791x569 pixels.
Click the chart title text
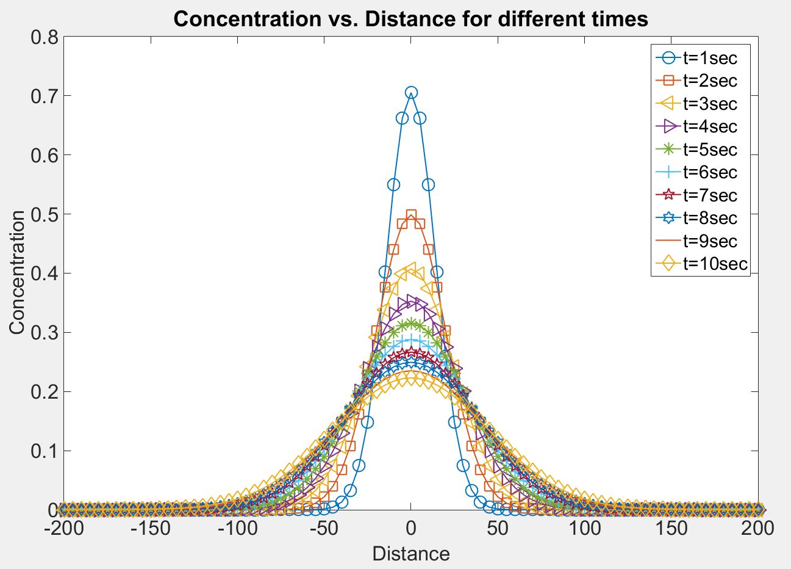[x=410, y=18]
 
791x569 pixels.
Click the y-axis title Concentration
[x=17, y=272]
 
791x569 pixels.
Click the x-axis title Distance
[x=410, y=553]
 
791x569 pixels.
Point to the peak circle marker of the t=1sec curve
[x=411, y=92]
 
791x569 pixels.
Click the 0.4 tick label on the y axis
[x=44, y=274]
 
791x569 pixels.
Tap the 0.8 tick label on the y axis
[x=44, y=37]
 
